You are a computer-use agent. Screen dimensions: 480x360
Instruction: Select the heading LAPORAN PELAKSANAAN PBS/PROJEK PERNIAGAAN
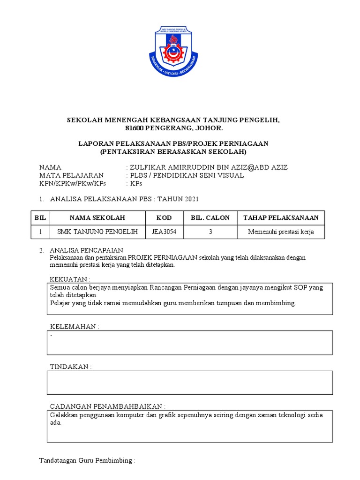[x=172, y=143]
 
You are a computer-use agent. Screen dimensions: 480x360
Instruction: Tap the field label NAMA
[x=50, y=167]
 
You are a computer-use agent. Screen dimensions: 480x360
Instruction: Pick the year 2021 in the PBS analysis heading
[x=191, y=199]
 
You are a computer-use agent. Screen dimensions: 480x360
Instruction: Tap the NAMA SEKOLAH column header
[x=97, y=217]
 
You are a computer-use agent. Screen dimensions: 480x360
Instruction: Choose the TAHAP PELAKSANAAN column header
[x=281, y=217]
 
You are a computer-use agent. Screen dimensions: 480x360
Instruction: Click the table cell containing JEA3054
[x=164, y=232]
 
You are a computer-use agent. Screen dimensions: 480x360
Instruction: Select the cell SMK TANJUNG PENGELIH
[x=97, y=232]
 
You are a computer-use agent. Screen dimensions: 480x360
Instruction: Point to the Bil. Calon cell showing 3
[x=210, y=232]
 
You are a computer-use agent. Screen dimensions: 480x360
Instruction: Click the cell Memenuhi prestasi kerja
[x=281, y=232]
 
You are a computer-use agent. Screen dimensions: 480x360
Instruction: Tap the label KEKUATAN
[x=70, y=279]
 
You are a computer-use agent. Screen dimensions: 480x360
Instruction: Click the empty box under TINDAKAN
[x=190, y=382]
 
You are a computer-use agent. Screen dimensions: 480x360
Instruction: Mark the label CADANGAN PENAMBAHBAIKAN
[x=107, y=406]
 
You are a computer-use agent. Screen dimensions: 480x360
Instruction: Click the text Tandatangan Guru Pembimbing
[x=87, y=461]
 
